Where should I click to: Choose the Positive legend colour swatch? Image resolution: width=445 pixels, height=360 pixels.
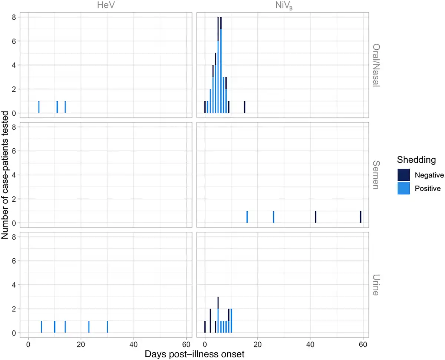coord(403,188)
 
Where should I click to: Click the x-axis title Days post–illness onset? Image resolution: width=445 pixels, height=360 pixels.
coord(194,354)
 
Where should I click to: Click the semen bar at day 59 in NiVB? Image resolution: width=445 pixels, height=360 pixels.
coord(360,217)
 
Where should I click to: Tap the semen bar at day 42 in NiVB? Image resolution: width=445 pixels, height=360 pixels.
coord(316,217)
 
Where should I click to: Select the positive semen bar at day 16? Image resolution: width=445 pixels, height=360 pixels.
coord(247,217)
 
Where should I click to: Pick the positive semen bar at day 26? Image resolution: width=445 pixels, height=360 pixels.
coord(273,217)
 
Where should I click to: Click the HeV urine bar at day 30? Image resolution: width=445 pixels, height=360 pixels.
coord(107,327)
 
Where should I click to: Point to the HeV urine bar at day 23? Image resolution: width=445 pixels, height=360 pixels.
coord(89,327)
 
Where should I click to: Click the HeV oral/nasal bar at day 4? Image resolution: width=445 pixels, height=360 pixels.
coord(39,107)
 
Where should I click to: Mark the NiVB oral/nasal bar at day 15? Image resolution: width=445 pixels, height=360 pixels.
coord(244,107)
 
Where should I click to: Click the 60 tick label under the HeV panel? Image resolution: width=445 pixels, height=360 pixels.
coord(186,343)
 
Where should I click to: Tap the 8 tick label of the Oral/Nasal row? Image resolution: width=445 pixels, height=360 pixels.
coord(14,17)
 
